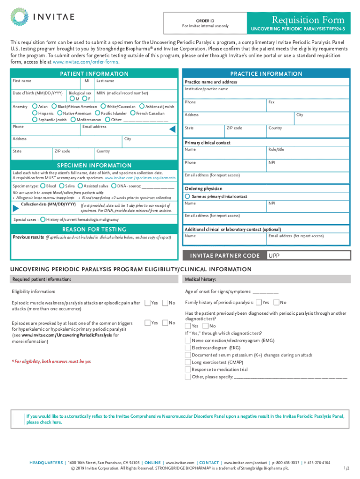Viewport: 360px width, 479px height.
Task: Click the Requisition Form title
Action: (x=309, y=20)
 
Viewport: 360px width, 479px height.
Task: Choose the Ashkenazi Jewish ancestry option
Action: (x=142, y=107)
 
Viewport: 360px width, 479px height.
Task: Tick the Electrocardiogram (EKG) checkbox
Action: (x=188, y=348)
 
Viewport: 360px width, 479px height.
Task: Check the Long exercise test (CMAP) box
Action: (x=188, y=362)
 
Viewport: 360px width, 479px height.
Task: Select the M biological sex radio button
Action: (x=72, y=99)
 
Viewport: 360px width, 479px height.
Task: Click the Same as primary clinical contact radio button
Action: (x=188, y=196)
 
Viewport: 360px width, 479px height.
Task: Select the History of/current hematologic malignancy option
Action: (x=43, y=219)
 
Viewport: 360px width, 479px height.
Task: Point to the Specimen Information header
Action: (x=94, y=166)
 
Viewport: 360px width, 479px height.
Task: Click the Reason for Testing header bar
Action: (x=94, y=229)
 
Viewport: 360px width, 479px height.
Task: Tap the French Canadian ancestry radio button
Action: (x=133, y=113)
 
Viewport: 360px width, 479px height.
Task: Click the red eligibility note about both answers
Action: (x=52, y=361)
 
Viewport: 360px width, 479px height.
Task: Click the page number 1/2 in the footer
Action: (x=346, y=468)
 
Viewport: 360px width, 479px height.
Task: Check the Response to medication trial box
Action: (x=188, y=369)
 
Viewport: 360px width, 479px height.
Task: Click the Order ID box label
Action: (x=205, y=21)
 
